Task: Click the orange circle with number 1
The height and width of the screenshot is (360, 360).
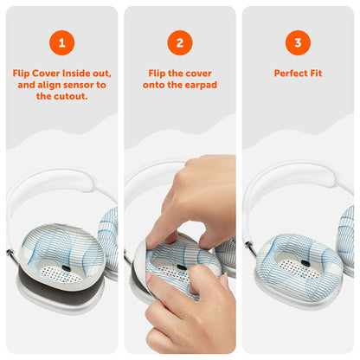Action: pyautogui.click(x=61, y=42)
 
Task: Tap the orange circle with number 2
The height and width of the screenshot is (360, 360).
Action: pyautogui.click(x=179, y=42)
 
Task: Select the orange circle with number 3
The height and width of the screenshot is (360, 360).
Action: pyautogui.click(x=298, y=42)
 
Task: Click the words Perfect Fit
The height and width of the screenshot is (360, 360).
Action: pyautogui.click(x=298, y=74)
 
